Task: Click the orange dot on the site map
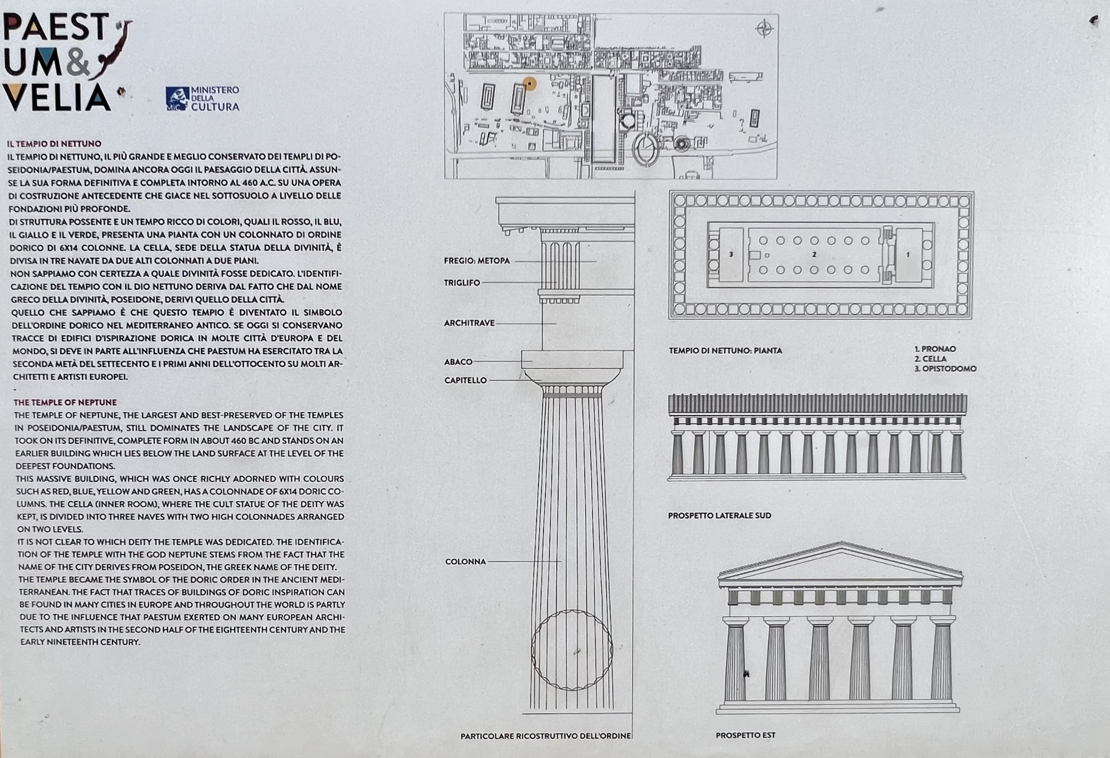(x=529, y=84)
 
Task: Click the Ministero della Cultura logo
(x=202, y=98)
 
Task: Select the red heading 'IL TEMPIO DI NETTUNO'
(x=54, y=143)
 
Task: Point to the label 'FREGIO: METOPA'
(x=477, y=261)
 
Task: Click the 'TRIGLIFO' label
(x=462, y=283)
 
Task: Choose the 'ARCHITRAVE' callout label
(x=470, y=323)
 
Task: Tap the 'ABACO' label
(x=458, y=362)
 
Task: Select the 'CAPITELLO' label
(x=466, y=380)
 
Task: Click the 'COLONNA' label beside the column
(x=466, y=562)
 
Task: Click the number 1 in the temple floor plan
(x=908, y=255)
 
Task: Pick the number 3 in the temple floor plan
(x=731, y=255)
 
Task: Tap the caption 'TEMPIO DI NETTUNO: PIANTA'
(x=725, y=350)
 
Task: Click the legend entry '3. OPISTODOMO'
(x=945, y=369)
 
